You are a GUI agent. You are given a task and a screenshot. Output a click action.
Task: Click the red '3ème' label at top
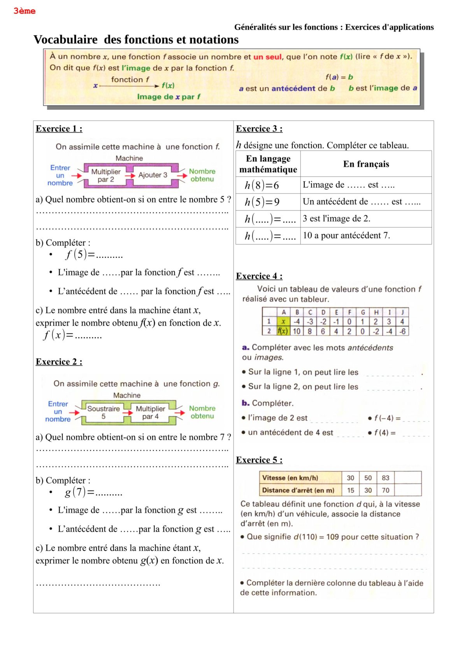(24, 11)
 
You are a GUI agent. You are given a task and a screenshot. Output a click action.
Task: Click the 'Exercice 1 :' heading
(59, 129)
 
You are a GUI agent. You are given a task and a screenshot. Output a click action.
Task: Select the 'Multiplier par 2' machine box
(106, 176)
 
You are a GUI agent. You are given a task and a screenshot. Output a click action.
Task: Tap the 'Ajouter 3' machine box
(153, 175)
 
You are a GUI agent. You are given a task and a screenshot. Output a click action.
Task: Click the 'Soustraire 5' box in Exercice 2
(104, 413)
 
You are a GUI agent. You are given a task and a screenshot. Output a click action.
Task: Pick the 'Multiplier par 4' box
(150, 413)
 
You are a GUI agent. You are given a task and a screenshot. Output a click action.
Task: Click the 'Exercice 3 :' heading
(259, 129)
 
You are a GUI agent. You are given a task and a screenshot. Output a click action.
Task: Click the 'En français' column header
(366, 164)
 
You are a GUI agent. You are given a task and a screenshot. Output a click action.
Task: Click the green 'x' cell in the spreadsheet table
(283, 322)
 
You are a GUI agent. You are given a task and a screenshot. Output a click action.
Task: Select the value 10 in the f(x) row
(297, 331)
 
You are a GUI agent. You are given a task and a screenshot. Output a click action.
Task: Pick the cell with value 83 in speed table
(385, 478)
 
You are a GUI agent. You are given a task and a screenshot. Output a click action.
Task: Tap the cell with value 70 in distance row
(385, 490)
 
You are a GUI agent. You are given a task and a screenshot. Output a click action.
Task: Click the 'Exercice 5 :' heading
(259, 460)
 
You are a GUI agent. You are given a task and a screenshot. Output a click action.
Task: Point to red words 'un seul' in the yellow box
(267, 57)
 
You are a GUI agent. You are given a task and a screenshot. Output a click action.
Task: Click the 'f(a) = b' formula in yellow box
(339, 77)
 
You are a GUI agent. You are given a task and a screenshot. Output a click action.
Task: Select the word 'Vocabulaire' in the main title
(65, 40)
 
